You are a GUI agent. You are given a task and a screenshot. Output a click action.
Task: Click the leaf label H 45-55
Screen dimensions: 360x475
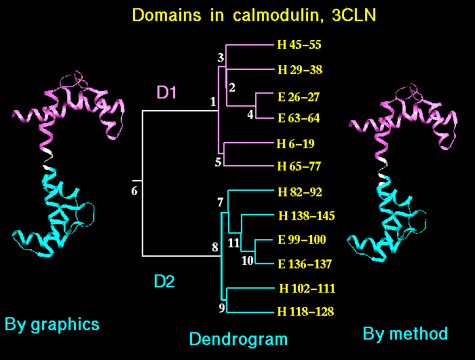pyautogui.click(x=299, y=46)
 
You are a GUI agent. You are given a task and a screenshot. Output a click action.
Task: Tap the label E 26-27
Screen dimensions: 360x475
pyautogui.click(x=299, y=96)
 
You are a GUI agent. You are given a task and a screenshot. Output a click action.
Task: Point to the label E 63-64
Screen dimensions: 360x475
pyautogui.click(x=299, y=118)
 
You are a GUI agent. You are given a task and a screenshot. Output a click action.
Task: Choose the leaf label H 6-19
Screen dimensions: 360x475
pyautogui.click(x=296, y=143)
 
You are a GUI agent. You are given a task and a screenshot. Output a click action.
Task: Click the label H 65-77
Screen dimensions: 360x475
pyautogui.click(x=299, y=166)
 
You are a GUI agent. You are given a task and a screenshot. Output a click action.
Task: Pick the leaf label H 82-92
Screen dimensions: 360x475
pyautogui.click(x=299, y=192)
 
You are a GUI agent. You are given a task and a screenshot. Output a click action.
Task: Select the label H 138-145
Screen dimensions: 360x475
pyautogui.click(x=306, y=216)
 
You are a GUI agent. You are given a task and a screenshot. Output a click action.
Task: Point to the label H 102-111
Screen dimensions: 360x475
pyautogui.click(x=306, y=289)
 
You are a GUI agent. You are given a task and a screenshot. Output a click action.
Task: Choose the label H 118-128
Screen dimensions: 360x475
pyautogui.click(x=306, y=312)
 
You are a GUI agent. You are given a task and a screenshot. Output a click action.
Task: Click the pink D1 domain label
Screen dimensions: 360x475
pyautogui.click(x=167, y=94)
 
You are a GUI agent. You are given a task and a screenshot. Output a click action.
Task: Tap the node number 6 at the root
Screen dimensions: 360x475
pyautogui.click(x=134, y=191)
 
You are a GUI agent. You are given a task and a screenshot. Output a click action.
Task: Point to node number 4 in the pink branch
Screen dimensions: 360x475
pyautogui.click(x=250, y=114)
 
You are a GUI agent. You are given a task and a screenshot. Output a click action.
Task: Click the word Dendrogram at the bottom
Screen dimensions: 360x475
pyautogui.click(x=237, y=339)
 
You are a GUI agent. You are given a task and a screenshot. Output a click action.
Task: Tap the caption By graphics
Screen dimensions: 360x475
pyautogui.click(x=52, y=324)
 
